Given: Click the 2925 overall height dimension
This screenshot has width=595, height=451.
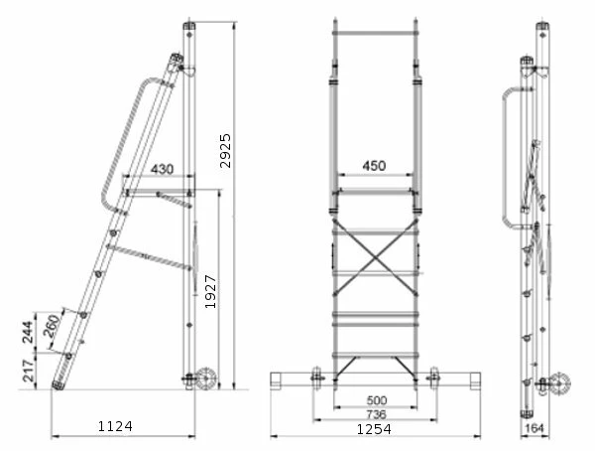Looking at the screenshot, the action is [225, 151].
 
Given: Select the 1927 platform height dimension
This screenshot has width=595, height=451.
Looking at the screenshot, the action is [210, 292].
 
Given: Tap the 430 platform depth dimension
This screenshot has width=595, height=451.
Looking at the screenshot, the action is [162, 169].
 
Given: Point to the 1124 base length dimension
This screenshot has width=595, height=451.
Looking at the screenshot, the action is [115, 426].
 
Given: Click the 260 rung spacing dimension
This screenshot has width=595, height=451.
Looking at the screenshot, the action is [52, 326].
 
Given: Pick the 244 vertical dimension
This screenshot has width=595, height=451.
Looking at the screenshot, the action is [28, 332].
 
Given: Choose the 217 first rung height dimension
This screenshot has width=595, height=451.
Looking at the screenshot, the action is [28, 371].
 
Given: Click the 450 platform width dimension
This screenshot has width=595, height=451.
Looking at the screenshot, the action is [374, 166].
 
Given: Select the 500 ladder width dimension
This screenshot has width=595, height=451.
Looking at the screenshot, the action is [377, 400].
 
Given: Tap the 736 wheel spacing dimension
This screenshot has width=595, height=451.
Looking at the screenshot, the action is [376, 414].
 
